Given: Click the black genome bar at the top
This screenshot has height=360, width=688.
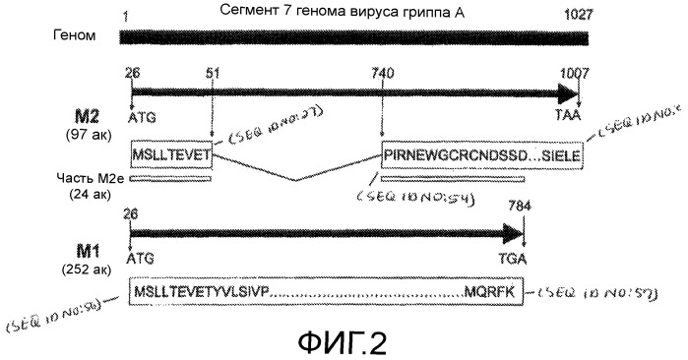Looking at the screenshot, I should click(354, 36).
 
